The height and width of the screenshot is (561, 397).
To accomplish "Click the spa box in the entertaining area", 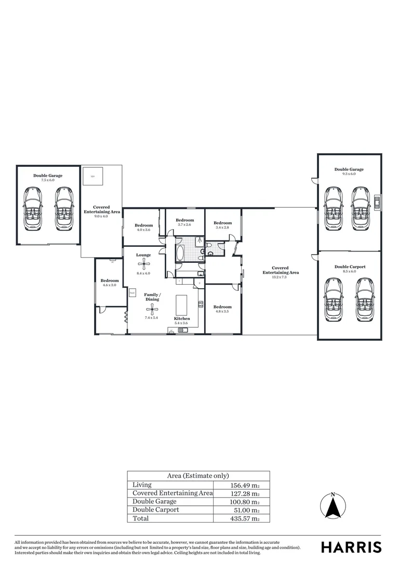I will tap(93, 176).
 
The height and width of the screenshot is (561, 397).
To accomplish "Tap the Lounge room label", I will tap(143, 255).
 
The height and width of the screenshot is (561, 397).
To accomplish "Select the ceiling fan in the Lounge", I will tap(143, 264).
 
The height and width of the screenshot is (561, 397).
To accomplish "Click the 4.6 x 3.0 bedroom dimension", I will tap(110, 285).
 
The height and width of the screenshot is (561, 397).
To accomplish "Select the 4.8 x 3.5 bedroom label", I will tap(222, 311).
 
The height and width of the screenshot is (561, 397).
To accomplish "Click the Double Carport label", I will tap(350, 267).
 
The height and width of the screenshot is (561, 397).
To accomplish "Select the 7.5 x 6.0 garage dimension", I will tap(48, 180).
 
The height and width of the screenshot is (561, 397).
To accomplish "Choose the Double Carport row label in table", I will tap(156, 510).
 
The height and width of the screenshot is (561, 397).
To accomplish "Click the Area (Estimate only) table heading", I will tap(198, 476).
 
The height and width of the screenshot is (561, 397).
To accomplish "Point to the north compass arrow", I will tap(333, 505).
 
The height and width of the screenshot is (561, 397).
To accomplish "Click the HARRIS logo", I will tap(351, 547).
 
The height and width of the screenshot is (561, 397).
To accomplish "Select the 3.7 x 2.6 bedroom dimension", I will tap(184, 224).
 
